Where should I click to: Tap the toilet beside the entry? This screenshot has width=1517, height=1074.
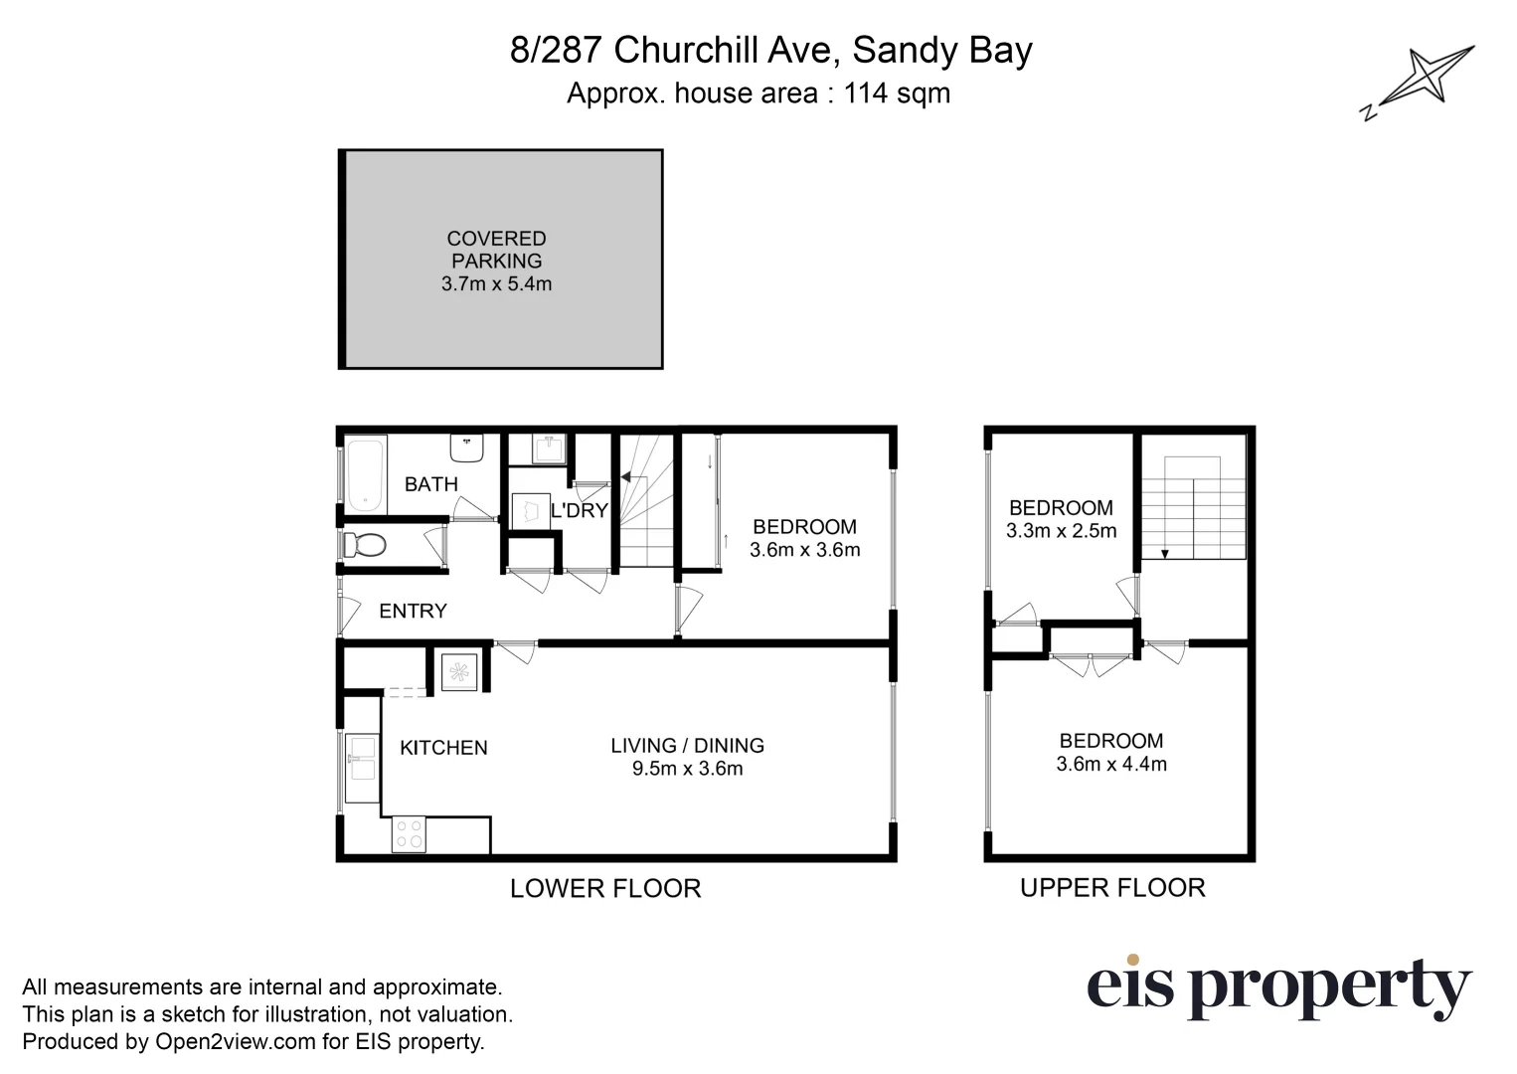[x=364, y=545]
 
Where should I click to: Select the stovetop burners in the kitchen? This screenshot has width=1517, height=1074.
[x=409, y=833]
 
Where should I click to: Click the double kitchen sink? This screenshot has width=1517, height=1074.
[x=362, y=758]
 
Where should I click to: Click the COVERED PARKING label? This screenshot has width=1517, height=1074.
[x=496, y=250]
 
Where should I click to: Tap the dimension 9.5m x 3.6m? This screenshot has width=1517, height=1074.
[x=687, y=769]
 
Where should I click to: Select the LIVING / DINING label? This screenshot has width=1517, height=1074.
[x=687, y=746]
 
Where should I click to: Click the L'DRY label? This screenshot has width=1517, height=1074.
[x=579, y=511]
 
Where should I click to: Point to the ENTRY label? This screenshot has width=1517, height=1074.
[x=413, y=612]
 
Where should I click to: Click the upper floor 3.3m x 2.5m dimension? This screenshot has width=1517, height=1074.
[x=1061, y=531]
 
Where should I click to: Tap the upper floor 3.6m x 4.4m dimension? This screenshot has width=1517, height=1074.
[x=1111, y=765]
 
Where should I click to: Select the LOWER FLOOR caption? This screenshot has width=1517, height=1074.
[x=605, y=888]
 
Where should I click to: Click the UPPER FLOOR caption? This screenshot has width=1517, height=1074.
[x=1112, y=888]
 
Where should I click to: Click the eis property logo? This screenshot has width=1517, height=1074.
[x=1278, y=987]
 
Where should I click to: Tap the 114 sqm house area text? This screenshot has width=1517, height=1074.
[x=897, y=93]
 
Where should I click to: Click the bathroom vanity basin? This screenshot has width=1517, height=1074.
[x=466, y=447]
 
